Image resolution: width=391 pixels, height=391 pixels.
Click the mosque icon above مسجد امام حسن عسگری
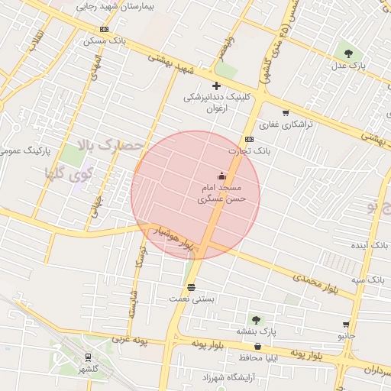click(x=221, y=176)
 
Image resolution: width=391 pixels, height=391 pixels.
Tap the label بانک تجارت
click(x=274, y=151)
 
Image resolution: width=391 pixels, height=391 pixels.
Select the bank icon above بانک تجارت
click(x=249, y=140)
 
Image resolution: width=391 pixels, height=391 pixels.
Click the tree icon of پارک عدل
click(x=348, y=53)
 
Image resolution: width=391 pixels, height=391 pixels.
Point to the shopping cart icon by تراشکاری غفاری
click(x=286, y=113)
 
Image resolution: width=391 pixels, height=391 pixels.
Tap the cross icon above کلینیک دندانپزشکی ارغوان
click(x=216, y=86)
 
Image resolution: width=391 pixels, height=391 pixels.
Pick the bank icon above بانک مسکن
click(x=104, y=30)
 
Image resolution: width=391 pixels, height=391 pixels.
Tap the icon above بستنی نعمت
click(x=191, y=288)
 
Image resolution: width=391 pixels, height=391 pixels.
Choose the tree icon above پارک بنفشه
click(x=255, y=320)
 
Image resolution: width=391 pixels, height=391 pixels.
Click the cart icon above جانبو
click(x=346, y=325)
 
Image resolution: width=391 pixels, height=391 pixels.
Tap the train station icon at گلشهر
click(x=88, y=357)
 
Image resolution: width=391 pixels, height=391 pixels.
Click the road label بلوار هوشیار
click(x=176, y=238)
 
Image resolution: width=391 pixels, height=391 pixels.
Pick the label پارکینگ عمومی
click(x=20, y=152)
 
